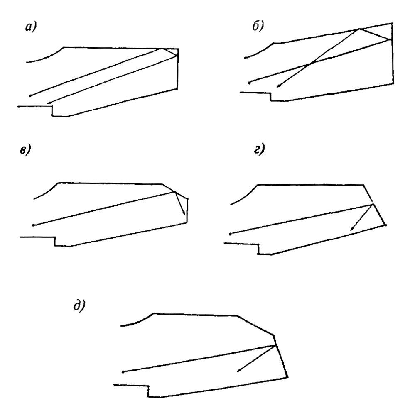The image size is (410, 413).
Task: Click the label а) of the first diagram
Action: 31,27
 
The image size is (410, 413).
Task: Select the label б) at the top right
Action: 258,26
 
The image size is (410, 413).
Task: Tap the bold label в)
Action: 25,149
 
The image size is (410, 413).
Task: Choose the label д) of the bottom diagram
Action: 79,305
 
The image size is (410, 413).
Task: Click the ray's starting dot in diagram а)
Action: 30,95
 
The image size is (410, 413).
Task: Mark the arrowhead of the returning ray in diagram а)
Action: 49,103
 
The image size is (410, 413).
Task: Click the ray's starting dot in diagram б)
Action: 249,83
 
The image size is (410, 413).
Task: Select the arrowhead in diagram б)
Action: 278,86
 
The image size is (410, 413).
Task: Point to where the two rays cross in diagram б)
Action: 312,63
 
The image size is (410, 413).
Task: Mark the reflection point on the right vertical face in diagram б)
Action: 391,39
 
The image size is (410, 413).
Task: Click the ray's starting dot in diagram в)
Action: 34,225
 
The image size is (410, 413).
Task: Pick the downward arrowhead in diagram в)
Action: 184,213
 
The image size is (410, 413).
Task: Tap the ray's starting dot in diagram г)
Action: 230,234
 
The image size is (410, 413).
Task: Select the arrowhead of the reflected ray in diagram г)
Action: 351,229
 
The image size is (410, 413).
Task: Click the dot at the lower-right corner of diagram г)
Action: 385,225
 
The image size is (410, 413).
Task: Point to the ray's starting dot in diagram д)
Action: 123,372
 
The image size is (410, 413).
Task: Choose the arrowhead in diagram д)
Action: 239,370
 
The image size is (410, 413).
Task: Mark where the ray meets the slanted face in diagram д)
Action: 275,345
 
